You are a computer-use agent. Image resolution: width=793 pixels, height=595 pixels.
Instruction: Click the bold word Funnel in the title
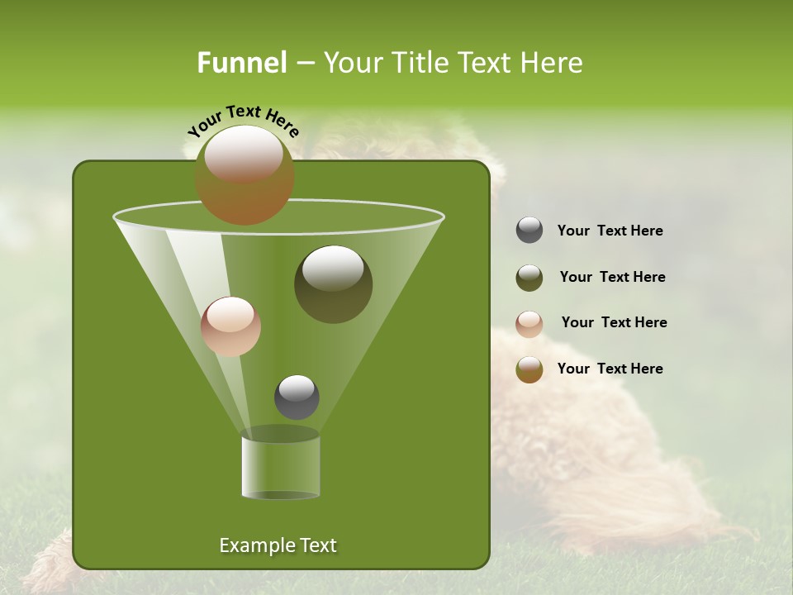click(x=242, y=63)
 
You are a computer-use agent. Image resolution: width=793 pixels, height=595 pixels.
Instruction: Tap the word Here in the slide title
click(x=553, y=63)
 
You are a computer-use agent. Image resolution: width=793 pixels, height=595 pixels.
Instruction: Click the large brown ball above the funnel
click(x=245, y=174)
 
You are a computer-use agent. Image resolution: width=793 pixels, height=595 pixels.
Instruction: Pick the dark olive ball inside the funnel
click(x=334, y=283)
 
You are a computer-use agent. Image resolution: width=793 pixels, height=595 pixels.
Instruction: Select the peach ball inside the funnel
click(x=230, y=326)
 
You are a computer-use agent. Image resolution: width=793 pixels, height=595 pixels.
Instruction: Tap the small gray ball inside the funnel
click(x=297, y=397)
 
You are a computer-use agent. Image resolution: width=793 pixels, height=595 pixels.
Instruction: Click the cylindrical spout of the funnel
click(x=281, y=467)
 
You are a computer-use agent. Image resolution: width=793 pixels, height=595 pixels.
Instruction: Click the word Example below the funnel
click(x=256, y=545)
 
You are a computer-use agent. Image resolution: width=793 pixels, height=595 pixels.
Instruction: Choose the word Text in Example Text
click(x=317, y=545)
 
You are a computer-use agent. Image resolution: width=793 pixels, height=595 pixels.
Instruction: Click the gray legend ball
click(x=529, y=231)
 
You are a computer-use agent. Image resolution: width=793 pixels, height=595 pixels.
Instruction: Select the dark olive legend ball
click(x=529, y=278)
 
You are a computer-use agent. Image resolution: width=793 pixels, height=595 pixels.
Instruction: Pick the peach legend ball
click(x=529, y=323)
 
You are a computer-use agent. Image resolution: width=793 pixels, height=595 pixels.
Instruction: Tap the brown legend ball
click(x=529, y=369)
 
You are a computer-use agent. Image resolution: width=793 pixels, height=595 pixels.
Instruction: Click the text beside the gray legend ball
click(x=610, y=231)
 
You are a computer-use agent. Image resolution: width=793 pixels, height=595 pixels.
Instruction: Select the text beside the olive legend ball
click(x=612, y=278)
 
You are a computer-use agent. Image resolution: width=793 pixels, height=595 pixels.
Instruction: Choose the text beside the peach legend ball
click(x=614, y=323)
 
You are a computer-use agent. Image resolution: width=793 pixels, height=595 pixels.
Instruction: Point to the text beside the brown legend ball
click(x=610, y=369)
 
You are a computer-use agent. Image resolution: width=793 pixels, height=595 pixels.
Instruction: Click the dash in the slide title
click(x=304, y=64)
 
